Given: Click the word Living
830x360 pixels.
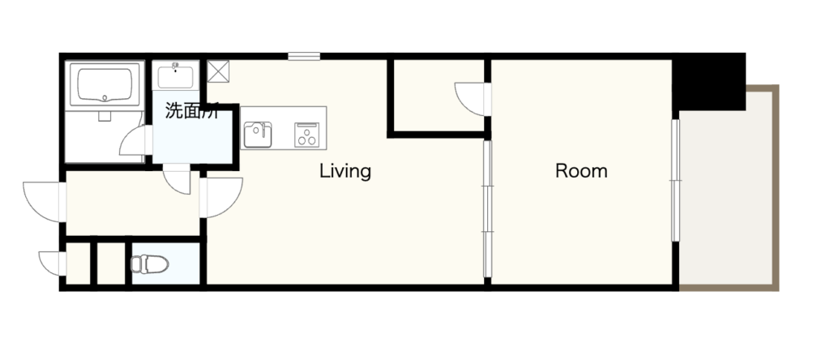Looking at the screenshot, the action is [x=345, y=172].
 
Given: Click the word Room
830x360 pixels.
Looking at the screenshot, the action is [x=581, y=171].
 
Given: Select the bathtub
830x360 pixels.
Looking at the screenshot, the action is [x=105, y=84].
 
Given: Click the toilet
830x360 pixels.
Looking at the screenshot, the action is [x=150, y=264].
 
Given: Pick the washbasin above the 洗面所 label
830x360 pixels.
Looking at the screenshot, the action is [x=175, y=75].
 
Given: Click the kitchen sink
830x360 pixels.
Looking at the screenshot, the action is [x=258, y=135].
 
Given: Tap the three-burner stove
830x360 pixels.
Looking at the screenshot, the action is [x=307, y=135].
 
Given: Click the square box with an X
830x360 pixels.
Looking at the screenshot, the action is [x=218, y=71].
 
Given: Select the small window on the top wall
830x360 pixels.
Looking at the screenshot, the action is [x=304, y=56].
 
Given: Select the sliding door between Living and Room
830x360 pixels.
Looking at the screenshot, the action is [x=487, y=208].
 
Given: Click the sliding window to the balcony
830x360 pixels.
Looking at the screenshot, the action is [x=675, y=181].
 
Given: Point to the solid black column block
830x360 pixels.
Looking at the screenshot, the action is [x=709, y=81].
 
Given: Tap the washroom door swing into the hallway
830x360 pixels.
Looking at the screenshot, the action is [x=177, y=178].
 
